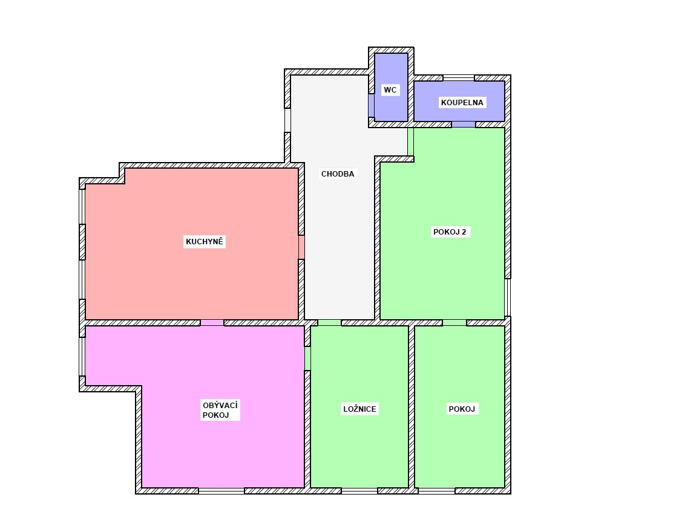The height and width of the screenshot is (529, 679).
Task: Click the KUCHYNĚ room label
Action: point(205,241)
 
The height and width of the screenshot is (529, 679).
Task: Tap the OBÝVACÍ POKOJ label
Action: point(220,410)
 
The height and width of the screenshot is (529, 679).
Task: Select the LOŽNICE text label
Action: point(360,409)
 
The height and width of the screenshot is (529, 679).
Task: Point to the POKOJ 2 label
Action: point(450,232)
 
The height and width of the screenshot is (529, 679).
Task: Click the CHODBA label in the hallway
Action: point(338,174)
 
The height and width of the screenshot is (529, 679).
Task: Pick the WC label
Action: point(390,90)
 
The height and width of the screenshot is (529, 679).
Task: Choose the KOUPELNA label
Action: point(462,103)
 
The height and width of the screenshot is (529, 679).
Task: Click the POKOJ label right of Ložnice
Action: point(462,409)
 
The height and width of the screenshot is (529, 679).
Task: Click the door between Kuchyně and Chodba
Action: point(301,247)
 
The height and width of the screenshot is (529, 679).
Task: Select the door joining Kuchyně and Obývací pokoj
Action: point(212,323)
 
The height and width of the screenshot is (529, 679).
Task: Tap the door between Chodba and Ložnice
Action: point(330,323)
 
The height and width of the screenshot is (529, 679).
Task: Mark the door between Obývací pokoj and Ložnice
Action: point(307,359)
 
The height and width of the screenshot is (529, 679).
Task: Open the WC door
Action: point(371,106)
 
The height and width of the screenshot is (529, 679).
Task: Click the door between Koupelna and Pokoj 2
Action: point(464,125)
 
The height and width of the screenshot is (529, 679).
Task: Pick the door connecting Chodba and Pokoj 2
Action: point(410,142)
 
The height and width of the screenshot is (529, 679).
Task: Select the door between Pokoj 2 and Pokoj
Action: point(454,323)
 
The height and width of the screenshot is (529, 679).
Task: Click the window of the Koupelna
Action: point(459,78)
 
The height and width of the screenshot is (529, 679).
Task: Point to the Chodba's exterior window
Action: point(287,120)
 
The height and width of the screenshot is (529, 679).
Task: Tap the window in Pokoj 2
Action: point(508,297)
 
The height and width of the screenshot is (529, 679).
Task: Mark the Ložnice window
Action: point(359,491)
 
